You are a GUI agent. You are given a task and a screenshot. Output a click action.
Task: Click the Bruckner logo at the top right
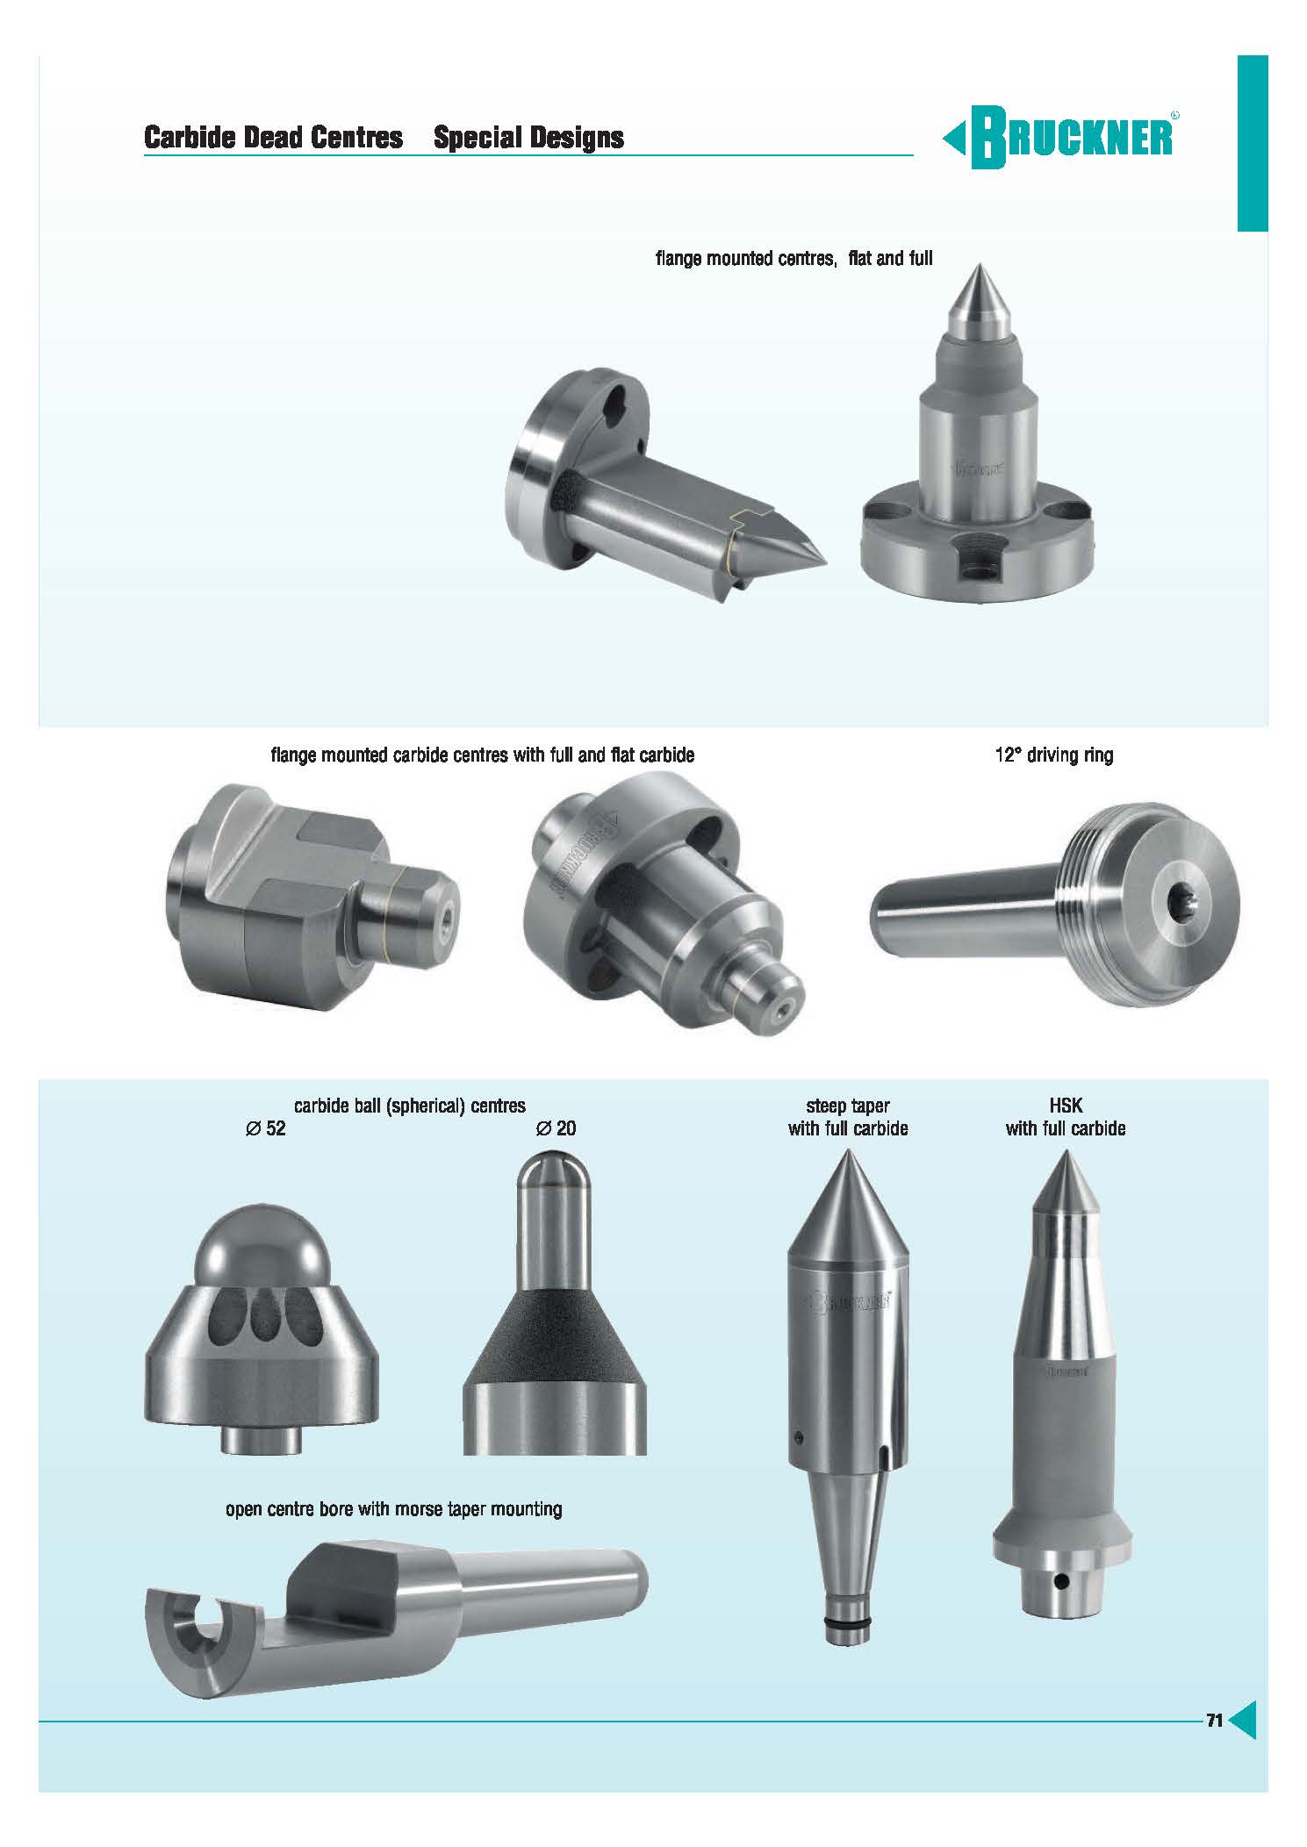pyautogui.click(x=1060, y=139)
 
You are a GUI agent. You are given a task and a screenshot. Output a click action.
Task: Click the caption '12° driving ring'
pyautogui.click(x=1053, y=755)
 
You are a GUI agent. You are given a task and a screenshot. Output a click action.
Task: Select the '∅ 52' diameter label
pyautogui.click(x=266, y=1128)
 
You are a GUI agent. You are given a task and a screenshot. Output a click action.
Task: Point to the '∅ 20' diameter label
pyautogui.click(x=556, y=1128)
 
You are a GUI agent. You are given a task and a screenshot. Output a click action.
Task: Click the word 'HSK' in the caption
pyautogui.click(x=1065, y=1107)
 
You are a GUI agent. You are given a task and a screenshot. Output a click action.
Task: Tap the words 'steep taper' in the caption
pyautogui.click(x=848, y=1107)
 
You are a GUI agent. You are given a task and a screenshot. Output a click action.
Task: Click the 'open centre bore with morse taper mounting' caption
pyautogui.click(x=394, y=1509)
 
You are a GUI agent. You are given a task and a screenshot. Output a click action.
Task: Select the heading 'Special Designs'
pyautogui.click(x=528, y=138)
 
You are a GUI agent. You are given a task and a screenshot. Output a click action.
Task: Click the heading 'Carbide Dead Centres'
pyautogui.click(x=274, y=138)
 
